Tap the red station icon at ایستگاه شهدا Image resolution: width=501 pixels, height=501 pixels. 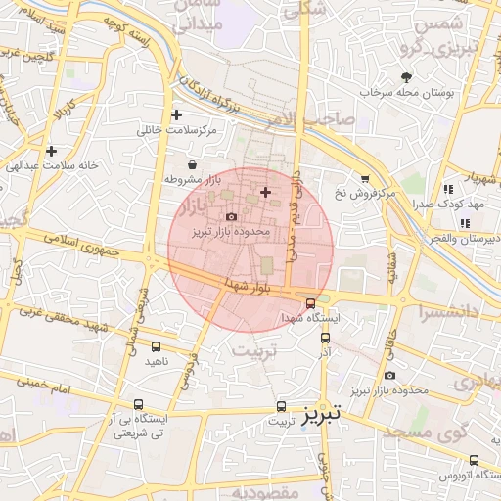(x=310, y=302)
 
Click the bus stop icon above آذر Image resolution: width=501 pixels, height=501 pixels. (x=326, y=338)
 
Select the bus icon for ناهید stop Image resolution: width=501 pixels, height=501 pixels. (x=157, y=346)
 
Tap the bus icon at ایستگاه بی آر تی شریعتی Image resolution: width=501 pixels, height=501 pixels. (x=137, y=403)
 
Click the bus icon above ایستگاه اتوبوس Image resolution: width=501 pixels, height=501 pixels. (x=474, y=460)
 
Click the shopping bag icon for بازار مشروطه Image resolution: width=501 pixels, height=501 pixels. (x=191, y=165)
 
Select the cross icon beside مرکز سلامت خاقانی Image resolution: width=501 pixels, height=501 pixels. (x=176, y=114)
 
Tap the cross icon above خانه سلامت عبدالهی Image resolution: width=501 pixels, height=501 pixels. (x=50, y=151)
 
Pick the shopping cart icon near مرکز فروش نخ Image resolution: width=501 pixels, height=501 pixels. (x=365, y=178)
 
